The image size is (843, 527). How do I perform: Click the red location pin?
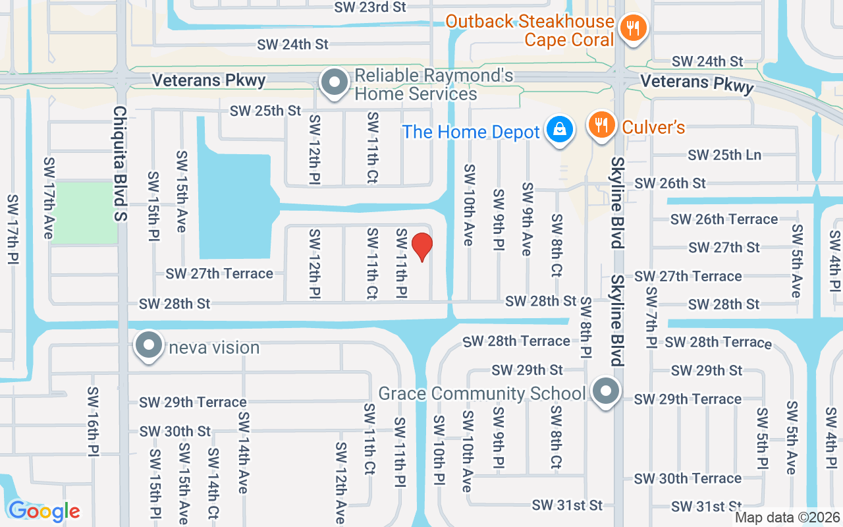point(421,246)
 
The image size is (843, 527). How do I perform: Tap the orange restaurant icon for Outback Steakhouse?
point(633,28)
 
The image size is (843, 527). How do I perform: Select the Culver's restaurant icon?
point(601,124)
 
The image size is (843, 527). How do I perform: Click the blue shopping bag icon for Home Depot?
point(559,130)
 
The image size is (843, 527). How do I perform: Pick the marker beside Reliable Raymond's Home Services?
point(335,84)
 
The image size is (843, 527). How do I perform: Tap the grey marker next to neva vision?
point(149,346)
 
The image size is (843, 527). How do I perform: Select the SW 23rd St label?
point(370,7)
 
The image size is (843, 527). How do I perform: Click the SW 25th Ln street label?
point(724,155)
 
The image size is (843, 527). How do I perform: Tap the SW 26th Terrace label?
point(724,219)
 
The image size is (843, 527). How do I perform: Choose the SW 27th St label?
point(724,248)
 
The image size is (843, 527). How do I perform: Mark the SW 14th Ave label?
point(243,453)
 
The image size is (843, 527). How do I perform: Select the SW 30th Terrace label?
point(688,479)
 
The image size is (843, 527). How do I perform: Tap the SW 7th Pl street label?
point(651,318)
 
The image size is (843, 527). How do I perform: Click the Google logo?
point(43,511)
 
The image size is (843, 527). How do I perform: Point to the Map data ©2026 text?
point(787,518)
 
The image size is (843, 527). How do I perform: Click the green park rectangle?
point(84,213)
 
